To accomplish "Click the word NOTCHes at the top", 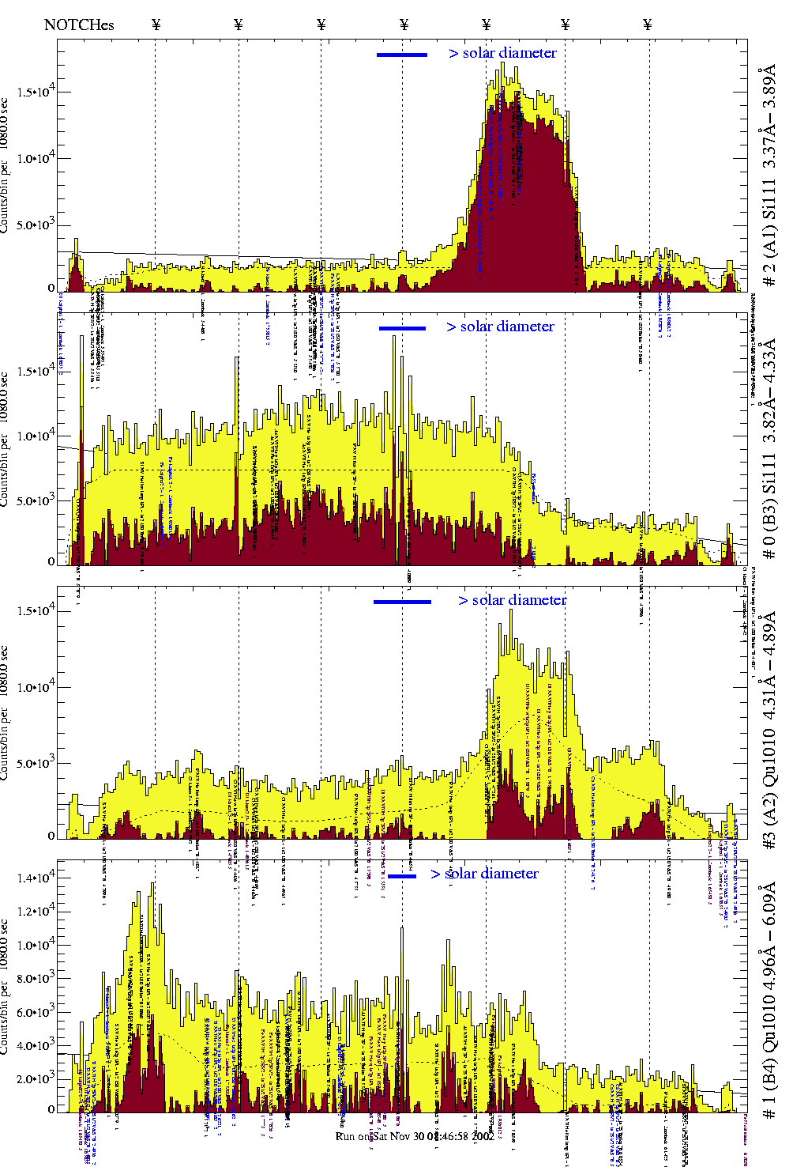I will (79, 25).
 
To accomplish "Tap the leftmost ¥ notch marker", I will (156, 25).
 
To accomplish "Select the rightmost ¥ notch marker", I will (647, 25).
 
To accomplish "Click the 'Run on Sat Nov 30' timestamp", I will (415, 1136).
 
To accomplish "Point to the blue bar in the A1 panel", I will (401, 55).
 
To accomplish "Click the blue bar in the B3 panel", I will (402, 328).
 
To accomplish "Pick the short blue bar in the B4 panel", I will (401, 876).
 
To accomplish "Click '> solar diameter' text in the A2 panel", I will (512, 600).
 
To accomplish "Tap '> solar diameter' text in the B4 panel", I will (484, 874).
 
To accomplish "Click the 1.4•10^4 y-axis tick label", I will (35, 877).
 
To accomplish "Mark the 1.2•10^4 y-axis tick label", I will (35, 911).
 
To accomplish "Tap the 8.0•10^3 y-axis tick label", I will (35, 978).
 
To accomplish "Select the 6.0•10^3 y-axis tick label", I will (35, 1012).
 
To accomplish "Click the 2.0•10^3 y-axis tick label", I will (35, 1079).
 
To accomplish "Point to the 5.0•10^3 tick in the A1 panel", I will (35, 225).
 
